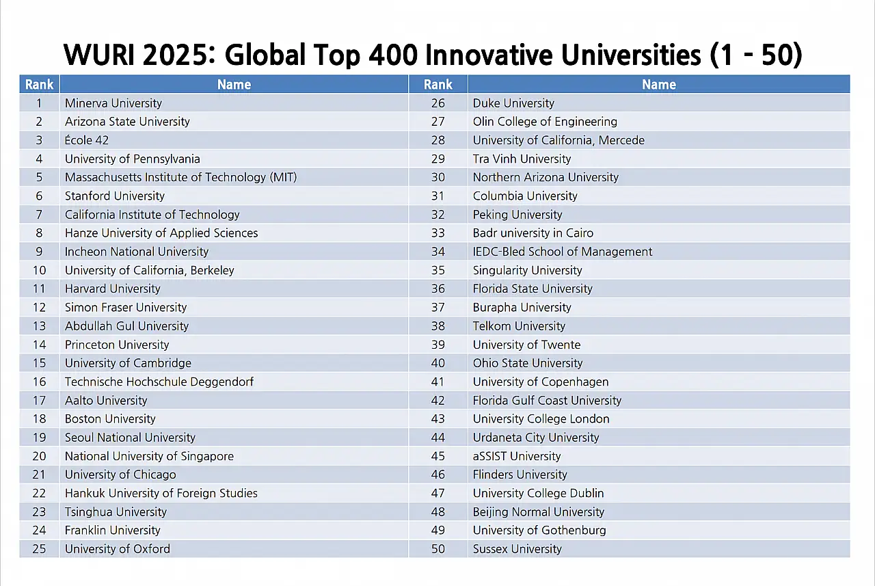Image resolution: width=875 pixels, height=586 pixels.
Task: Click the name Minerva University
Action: [113, 103]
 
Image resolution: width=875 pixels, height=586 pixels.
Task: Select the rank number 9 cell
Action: [39, 252]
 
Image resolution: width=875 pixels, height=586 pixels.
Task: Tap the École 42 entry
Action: [87, 140]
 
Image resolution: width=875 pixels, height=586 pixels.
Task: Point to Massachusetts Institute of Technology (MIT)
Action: [180, 177]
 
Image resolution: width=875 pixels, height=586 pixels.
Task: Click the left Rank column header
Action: [39, 85]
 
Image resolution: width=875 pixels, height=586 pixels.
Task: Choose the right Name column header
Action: [658, 85]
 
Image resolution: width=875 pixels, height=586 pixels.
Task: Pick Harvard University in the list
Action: [113, 289]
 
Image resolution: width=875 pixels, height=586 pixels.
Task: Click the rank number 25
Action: [39, 548]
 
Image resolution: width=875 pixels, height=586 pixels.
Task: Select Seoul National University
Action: [130, 438]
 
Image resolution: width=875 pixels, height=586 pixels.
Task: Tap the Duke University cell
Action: [513, 103]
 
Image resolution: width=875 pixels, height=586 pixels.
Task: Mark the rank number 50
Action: [437, 548]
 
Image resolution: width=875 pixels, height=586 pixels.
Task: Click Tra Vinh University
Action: [522, 159]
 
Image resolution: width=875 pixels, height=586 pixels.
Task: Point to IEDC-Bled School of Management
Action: [563, 252]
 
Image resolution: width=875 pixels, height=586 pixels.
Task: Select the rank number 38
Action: [437, 326]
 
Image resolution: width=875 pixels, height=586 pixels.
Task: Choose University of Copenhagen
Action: [541, 382]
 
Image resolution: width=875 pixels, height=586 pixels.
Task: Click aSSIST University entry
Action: [517, 456]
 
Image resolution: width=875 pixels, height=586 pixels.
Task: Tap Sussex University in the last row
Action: [517, 548]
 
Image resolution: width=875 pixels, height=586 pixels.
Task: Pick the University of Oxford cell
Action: [118, 548]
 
